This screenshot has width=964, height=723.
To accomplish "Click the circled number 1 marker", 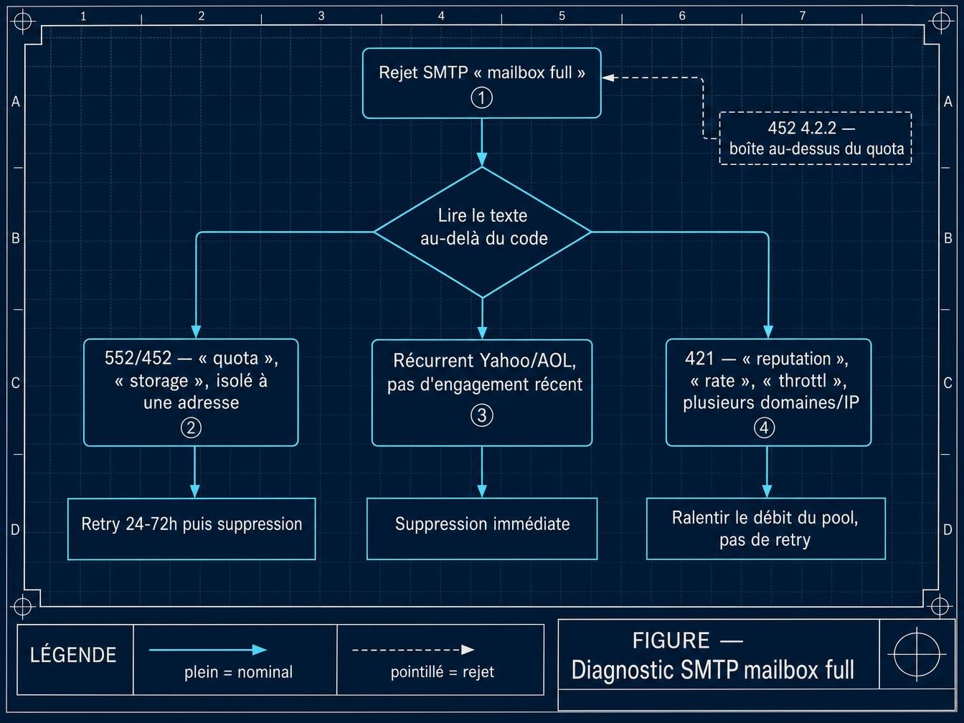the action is tap(481, 98).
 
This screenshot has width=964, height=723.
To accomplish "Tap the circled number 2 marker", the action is tap(191, 427).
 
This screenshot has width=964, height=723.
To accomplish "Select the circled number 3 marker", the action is tap(482, 415).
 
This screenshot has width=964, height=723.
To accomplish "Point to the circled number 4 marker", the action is tap(764, 427).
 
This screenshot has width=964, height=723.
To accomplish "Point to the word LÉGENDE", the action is tap(73, 655).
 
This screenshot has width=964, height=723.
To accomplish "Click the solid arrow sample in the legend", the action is tap(208, 650).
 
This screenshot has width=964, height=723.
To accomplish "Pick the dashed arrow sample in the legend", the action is tap(413, 650).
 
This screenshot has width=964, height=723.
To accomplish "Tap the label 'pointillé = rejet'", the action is tap(443, 672).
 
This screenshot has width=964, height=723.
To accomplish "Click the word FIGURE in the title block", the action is tap(671, 641).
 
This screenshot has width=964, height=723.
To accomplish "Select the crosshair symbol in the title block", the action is tap(917, 655).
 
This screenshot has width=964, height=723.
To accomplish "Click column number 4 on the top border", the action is tap(441, 16).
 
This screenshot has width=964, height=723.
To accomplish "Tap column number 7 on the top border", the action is tap(803, 16).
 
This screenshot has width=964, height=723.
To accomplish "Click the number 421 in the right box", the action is tap(699, 359).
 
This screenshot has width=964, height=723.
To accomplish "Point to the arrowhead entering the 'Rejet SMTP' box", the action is tap(608, 77).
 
